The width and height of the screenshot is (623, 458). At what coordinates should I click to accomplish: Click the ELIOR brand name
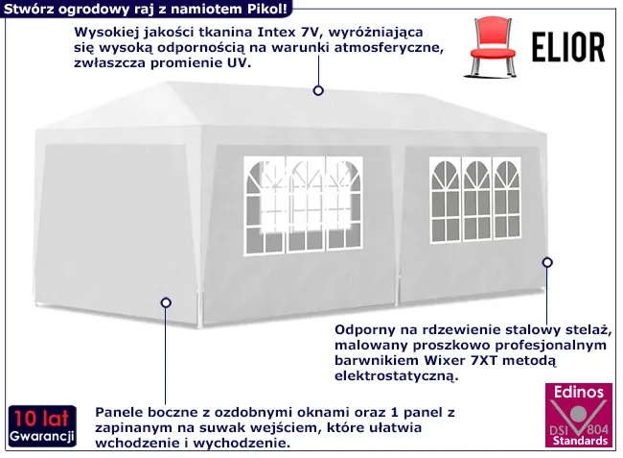point(567,46)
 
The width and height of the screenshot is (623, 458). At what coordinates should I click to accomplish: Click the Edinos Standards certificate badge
point(576,416)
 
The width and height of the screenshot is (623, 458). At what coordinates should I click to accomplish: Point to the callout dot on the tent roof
point(317,91)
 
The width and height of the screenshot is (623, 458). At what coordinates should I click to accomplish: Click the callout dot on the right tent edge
point(547,261)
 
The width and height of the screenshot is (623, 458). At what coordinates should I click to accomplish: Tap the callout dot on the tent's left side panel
point(166,301)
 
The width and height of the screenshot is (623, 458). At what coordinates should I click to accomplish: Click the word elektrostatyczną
point(395,377)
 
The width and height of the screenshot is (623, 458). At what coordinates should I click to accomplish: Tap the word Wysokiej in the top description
point(103,30)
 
